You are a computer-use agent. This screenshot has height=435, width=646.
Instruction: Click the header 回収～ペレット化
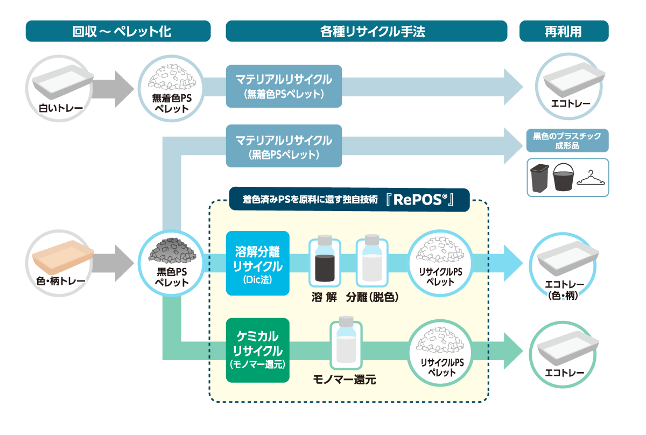pyautogui.click(x=118, y=31)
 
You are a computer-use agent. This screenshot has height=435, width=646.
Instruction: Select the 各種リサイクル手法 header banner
pyautogui.click(x=366, y=31)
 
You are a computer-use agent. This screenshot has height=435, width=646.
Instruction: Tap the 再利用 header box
pyautogui.click(x=564, y=31)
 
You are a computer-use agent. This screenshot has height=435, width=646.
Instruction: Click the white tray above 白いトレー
pyautogui.click(x=63, y=82)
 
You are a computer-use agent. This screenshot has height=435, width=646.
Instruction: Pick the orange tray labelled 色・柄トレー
pyautogui.click(x=63, y=257)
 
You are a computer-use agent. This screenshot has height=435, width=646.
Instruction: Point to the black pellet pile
pyautogui.click(x=172, y=250)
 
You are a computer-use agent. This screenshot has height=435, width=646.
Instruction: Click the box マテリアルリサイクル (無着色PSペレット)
pyautogui.click(x=284, y=86)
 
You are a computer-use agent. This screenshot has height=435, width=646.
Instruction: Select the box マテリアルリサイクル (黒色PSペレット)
pyautogui.click(x=284, y=146)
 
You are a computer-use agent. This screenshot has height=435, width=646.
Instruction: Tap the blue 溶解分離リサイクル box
pyautogui.click(x=257, y=263)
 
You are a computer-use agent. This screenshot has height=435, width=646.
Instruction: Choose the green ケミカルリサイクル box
pyautogui.click(x=257, y=350)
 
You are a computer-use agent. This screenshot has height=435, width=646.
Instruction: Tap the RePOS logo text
pyautogui.click(x=420, y=200)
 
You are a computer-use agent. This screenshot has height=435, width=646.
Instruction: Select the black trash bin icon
pyautogui.click(x=539, y=178)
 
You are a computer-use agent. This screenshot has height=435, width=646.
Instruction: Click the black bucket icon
pyautogui.click(x=563, y=177)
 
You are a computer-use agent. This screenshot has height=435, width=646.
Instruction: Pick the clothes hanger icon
pyautogui.click(x=591, y=179)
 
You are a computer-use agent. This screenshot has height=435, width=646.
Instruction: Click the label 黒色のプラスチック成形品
pyautogui.click(x=567, y=141)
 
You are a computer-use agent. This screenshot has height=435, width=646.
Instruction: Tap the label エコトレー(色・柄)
pyautogui.click(x=564, y=290)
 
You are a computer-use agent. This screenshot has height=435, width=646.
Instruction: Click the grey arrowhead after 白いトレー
pyautogui.click(x=124, y=89)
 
